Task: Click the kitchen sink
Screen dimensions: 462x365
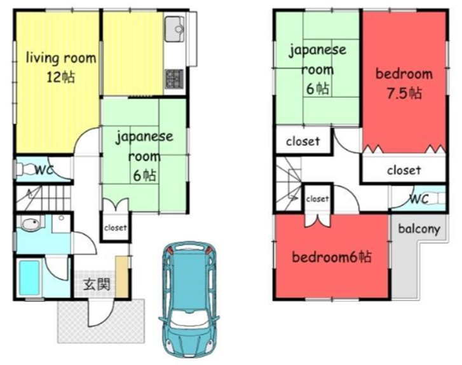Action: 175,29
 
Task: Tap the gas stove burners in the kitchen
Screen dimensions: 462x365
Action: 174,79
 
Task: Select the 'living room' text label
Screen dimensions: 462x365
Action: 61,57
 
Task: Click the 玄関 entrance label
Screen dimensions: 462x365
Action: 97,284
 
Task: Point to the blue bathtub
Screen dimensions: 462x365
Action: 29,277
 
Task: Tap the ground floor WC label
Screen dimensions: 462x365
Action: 44,170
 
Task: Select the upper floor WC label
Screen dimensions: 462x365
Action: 419,199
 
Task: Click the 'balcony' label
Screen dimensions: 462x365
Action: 419,229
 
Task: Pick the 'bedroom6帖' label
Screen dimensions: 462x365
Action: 332,257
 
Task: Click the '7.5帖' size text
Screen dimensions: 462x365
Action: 404,93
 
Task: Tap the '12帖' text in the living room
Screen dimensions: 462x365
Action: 61,77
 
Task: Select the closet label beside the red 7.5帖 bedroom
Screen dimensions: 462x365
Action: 404,170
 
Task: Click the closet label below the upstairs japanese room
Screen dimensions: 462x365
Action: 303,141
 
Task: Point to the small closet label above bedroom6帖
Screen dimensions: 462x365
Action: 317,199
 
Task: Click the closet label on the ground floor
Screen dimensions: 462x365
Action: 116,227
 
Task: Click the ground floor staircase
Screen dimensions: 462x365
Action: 43,198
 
